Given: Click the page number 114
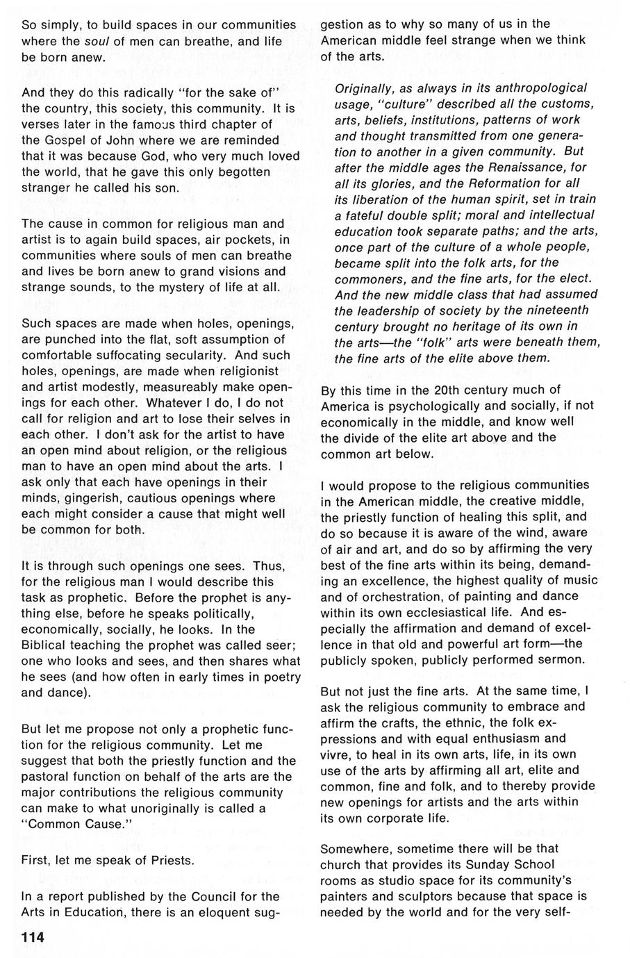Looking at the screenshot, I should pyautogui.click(x=33, y=937).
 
